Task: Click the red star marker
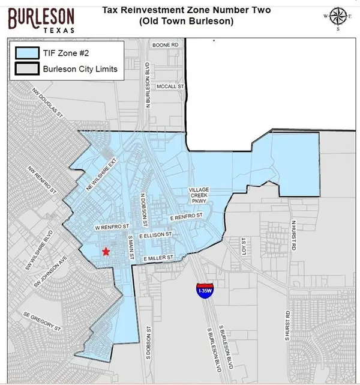coord(106,252)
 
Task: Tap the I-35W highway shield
coord(203,290)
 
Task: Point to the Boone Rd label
coord(166,46)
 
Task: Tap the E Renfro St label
coord(187,215)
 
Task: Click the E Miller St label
coord(157,258)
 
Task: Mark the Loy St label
coord(244,246)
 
